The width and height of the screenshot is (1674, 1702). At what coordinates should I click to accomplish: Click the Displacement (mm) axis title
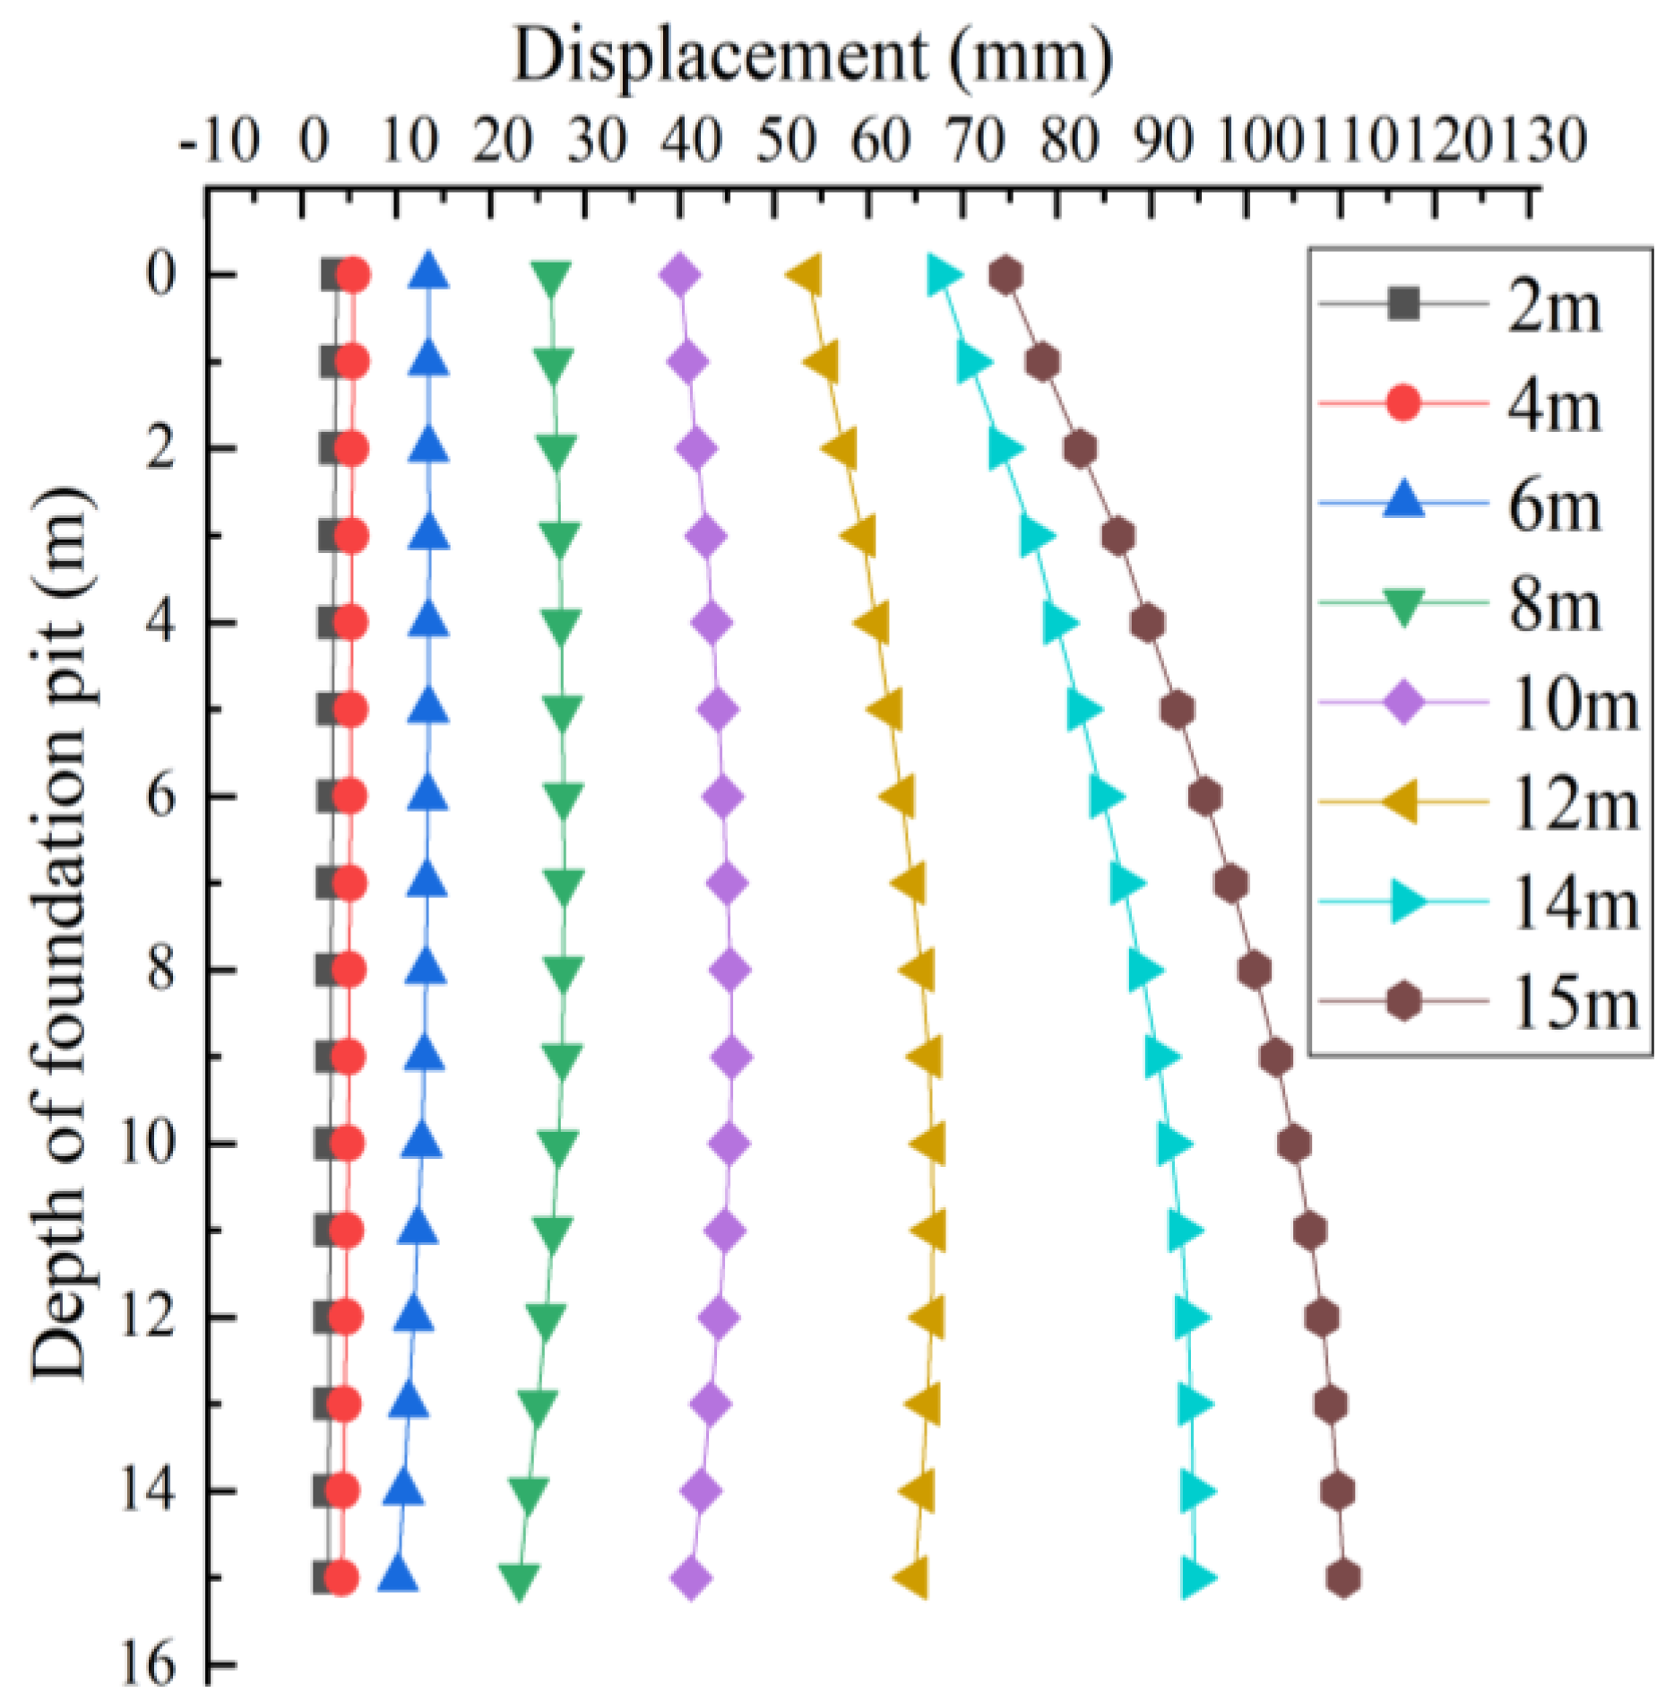(812, 56)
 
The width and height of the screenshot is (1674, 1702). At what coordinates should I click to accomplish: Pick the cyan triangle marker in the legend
(1406, 902)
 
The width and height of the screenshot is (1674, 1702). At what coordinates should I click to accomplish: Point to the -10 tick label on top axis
(220, 142)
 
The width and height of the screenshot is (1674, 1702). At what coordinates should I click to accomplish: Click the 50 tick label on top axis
(785, 142)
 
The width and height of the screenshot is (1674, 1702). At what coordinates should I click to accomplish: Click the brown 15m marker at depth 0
(1006, 275)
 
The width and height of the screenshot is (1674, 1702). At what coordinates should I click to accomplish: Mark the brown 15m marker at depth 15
(1342, 1578)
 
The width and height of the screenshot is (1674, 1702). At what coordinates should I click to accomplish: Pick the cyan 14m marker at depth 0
(944, 274)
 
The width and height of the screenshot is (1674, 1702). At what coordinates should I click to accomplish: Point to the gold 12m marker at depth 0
(806, 274)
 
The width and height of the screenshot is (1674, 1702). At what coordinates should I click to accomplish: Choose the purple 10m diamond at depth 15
(691, 1578)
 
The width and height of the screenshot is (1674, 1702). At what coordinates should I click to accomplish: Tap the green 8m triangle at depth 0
(550, 279)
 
